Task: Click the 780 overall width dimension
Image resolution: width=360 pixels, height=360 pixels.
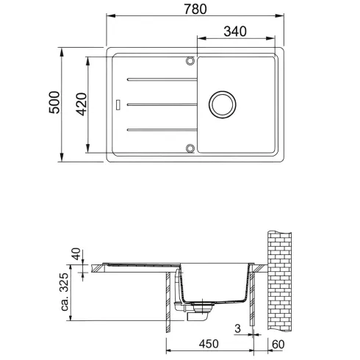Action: (x=195, y=10)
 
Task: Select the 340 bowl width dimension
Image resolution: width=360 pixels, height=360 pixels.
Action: (x=235, y=32)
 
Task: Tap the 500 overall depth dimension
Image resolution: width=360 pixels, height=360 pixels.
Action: (x=54, y=102)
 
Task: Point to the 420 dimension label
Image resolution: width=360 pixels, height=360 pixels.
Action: (x=82, y=104)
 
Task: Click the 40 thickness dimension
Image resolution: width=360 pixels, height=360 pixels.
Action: (x=76, y=254)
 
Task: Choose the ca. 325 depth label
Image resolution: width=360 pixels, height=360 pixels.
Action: (x=65, y=292)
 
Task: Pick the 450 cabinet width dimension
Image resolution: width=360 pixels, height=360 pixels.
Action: (x=209, y=344)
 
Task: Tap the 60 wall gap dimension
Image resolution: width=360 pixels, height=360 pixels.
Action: (x=278, y=345)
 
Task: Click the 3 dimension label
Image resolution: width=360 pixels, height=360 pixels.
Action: (x=237, y=328)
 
